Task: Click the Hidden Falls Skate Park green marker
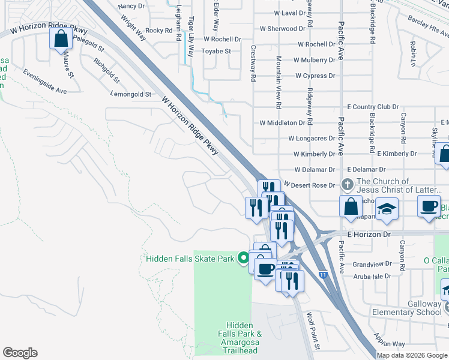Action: (x=243, y=259)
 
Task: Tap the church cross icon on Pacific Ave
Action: (x=347, y=184)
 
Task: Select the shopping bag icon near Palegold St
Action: (x=61, y=40)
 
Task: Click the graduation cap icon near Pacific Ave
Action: (x=387, y=209)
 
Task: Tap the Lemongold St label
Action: (x=130, y=94)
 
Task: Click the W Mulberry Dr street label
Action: (x=314, y=60)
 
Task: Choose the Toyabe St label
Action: (x=216, y=52)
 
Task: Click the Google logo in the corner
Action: (x=20, y=353)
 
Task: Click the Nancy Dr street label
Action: (x=131, y=6)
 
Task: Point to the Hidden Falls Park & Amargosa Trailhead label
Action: (x=239, y=337)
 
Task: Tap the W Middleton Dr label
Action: (x=282, y=122)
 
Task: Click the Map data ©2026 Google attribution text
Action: (x=411, y=355)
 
